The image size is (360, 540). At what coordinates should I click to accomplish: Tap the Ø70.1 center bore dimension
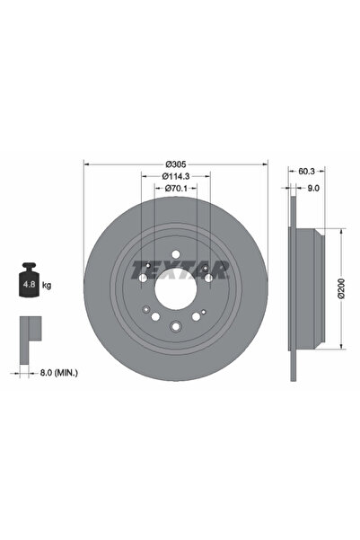(175, 190)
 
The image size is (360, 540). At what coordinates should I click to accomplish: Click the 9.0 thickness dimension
(313, 189)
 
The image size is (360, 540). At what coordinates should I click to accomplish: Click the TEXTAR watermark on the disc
(175, 267)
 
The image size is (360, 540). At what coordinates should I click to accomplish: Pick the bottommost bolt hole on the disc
(176, 327)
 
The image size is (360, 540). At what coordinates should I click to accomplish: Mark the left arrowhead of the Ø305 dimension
(85, 164)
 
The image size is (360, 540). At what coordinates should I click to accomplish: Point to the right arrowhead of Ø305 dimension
(266, 164)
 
